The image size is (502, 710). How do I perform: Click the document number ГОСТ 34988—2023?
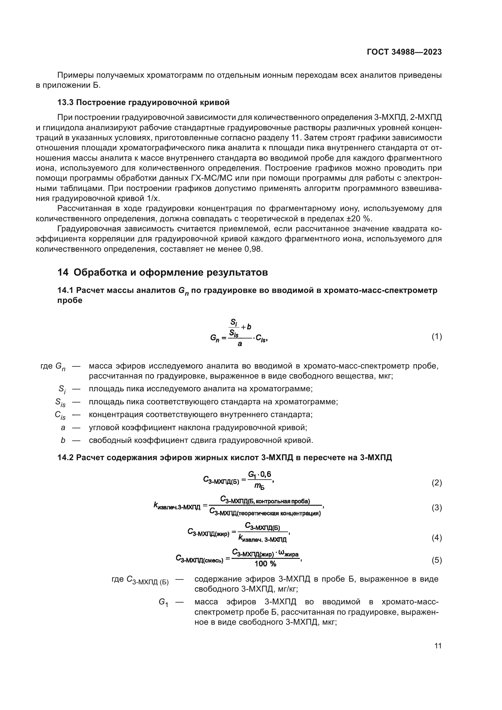click(404, 52)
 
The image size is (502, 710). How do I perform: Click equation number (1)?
click(436, 336)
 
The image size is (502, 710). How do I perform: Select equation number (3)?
click(436, 508)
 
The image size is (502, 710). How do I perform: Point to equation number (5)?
click(436, 560)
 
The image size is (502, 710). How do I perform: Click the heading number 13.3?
click(65, 102)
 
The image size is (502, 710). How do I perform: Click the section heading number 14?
click(63, 272)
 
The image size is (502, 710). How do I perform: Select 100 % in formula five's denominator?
click(265, 564)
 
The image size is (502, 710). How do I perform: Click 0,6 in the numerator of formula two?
click(265, 474)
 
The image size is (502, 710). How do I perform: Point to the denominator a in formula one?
click(239, 344)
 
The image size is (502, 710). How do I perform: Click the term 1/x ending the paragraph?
click(154, 198)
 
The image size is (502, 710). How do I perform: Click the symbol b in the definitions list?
click(63, 440)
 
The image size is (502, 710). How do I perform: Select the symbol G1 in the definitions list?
click(163, 602)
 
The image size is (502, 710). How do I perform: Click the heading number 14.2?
click(65, 458)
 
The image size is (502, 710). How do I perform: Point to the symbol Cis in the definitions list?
click(60, 415)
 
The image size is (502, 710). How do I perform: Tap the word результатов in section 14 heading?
click(237, 272)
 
